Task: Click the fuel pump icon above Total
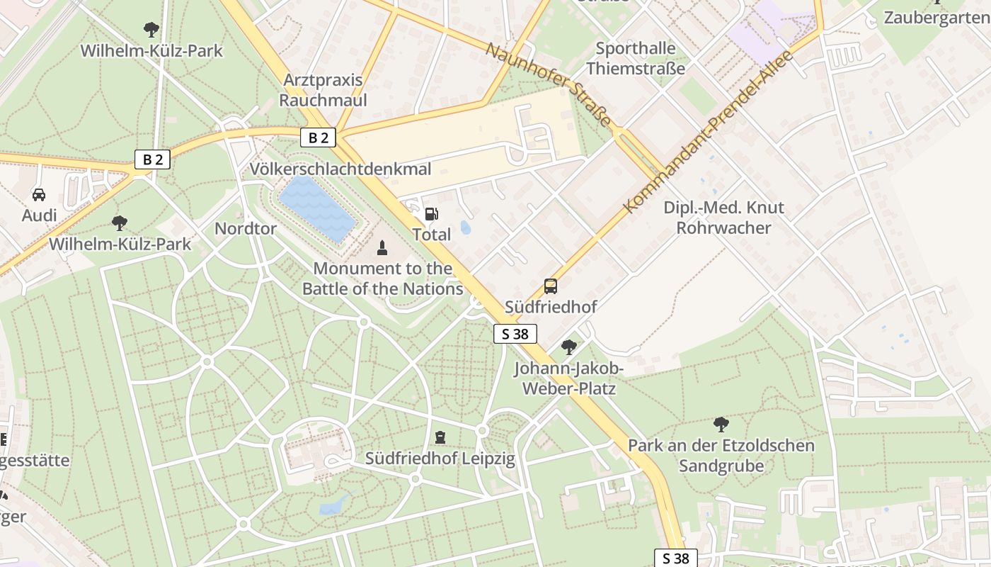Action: (430, 213)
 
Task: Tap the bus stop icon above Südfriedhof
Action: (550, 286)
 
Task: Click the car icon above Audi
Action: (39, 194)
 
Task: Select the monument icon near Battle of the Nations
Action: (382, 247)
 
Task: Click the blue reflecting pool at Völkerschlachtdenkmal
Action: (317, 208)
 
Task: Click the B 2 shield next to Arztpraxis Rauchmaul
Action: (318, 137)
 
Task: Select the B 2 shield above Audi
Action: (152, 159)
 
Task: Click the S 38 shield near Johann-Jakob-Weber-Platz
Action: (515, 334)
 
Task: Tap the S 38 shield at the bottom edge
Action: (675, 558)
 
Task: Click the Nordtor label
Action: (245, 228)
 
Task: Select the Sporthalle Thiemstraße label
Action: (636, 59)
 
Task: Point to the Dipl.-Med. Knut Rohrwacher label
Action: (723, 218)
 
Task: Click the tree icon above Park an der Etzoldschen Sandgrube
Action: (721, 425)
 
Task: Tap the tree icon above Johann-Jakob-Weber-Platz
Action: (568, 347)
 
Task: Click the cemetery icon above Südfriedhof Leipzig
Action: (440, 437)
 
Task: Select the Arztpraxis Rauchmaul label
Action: (323, 90)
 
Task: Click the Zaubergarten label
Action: (936, 18)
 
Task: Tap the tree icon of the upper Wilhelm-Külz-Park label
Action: (151, 30)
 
